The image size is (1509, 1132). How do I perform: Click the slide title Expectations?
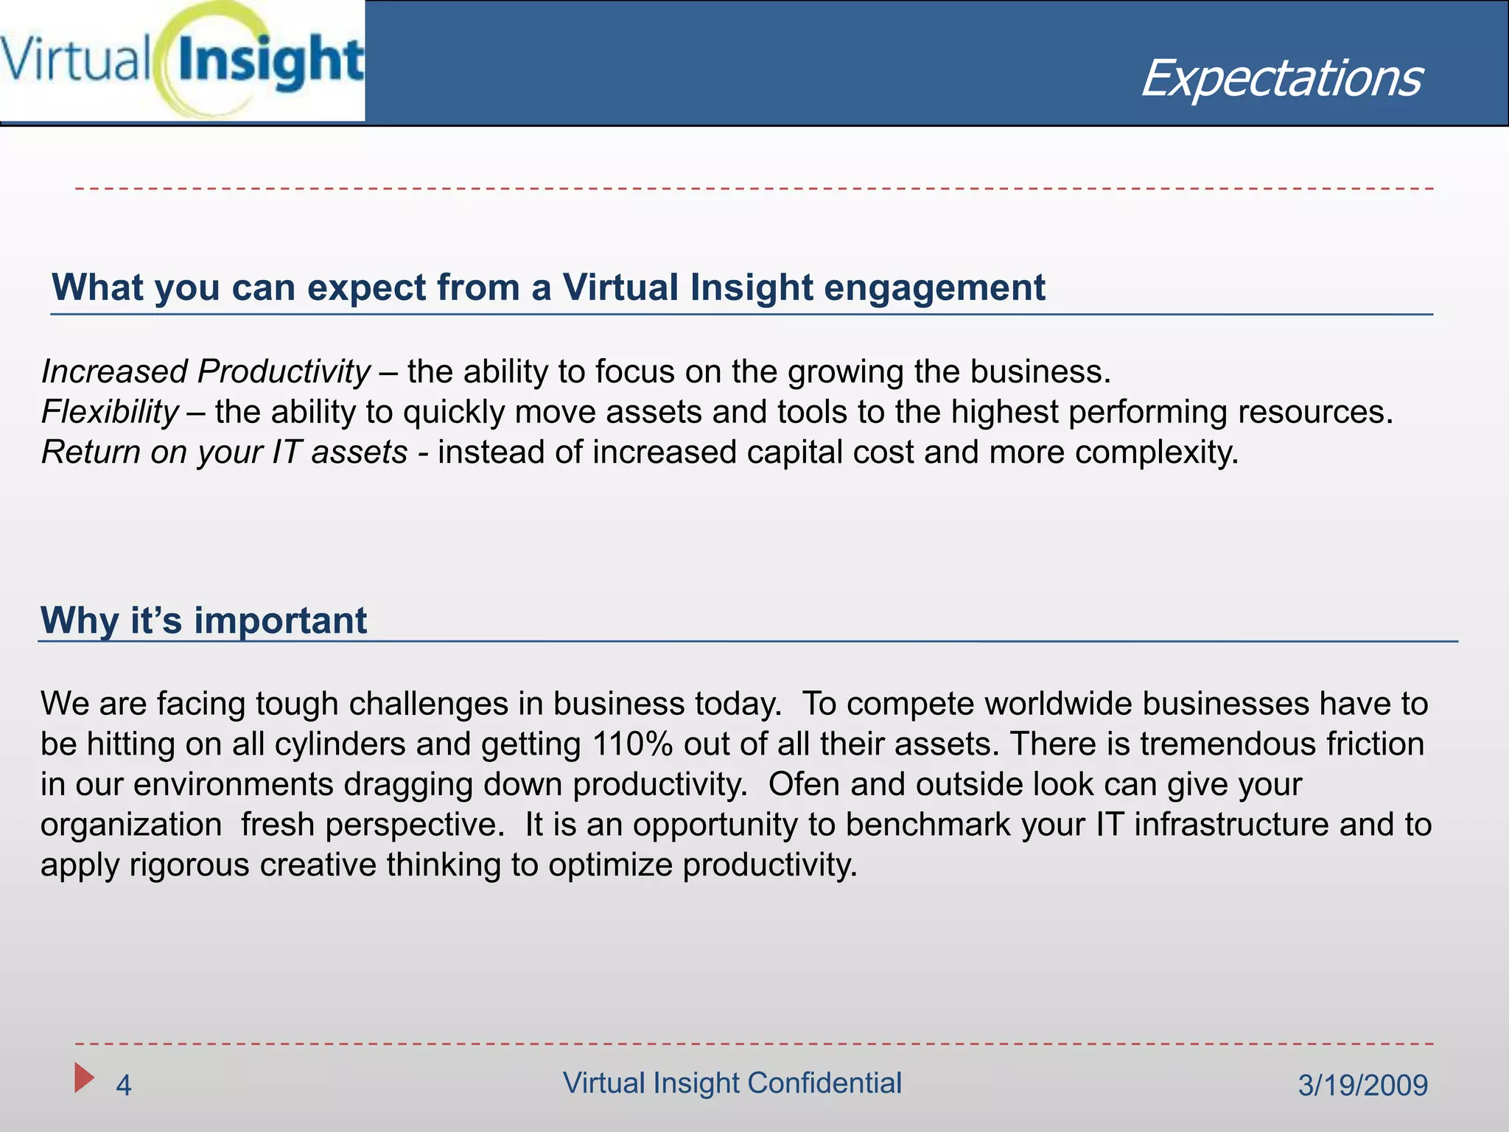tap(1281, 78)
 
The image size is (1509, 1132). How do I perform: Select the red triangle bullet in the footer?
tap(84, 1077)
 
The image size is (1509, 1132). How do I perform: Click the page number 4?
tap(124, 1086)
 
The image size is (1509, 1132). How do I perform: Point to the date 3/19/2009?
tap(1362, 1086)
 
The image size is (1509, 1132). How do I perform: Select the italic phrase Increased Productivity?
tap(206, 371)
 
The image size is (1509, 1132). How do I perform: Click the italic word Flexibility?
tap(110, 412)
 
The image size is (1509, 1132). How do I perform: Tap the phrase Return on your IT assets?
tap(224, 452)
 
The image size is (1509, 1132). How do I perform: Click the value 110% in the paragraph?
tap(632, 744)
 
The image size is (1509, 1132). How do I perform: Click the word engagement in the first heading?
tap(934, 287)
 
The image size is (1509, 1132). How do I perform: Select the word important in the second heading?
tap(280, 621)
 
